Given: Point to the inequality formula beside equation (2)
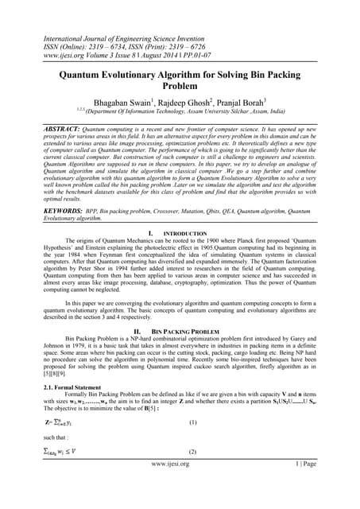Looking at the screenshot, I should pyautogui.click(x=38, y=473).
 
